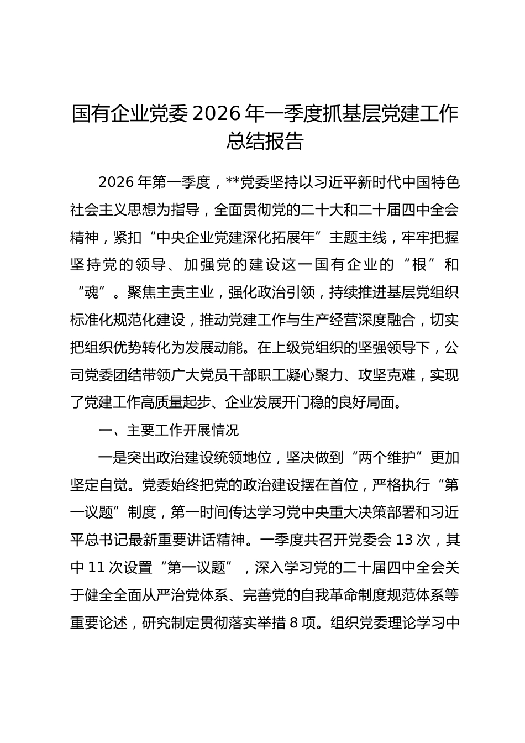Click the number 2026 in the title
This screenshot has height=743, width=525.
click(219, 114)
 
